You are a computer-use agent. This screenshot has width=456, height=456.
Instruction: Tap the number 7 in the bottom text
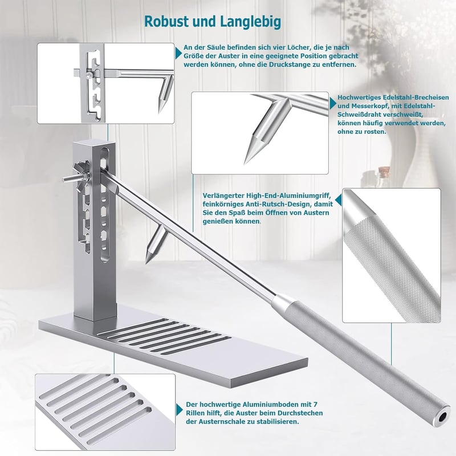(x=316, y=405)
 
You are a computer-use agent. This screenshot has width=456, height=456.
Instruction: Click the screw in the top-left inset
(x=88, y=76)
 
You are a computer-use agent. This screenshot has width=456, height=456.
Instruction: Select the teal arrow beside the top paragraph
(x=178, y=53)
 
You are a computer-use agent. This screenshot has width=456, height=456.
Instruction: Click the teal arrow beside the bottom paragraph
(x=179, y=410)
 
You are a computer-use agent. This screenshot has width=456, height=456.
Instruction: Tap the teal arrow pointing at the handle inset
(x=338, y=200)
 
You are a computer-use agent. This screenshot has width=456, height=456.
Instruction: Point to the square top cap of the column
(x=94, y=143)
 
